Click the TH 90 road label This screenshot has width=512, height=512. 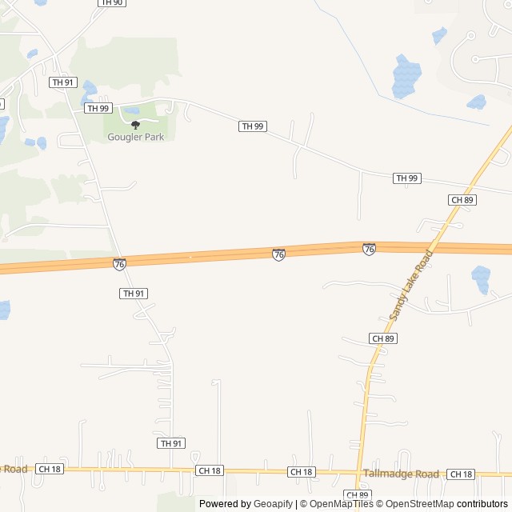point(111,3)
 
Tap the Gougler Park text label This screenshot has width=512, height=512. point(135,137)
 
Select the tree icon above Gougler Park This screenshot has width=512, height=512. point(135,125)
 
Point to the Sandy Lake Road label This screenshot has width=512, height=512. point(411,286)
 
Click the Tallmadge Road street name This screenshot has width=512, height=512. point(401,474)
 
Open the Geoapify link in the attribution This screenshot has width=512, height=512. point(273,504)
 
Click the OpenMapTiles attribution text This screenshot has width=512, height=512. point(341,504)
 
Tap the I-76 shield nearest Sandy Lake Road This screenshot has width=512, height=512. point(369,250)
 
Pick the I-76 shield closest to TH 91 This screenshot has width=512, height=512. point(119,264)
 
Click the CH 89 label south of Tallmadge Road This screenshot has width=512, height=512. point(357,495)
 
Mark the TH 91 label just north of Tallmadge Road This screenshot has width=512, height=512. point(170,443)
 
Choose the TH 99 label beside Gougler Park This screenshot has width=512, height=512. point(98,108)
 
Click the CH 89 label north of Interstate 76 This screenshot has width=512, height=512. point(462,200)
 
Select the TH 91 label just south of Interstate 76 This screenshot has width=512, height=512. point(134,294)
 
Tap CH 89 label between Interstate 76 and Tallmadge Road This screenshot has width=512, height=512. point(383,339)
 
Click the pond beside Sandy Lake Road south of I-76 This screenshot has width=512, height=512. point(481,279)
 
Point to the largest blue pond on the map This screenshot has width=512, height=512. point(406,76)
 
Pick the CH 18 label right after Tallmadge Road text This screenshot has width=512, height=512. point(460,474)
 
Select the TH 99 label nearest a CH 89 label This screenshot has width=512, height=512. point(406,178)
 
